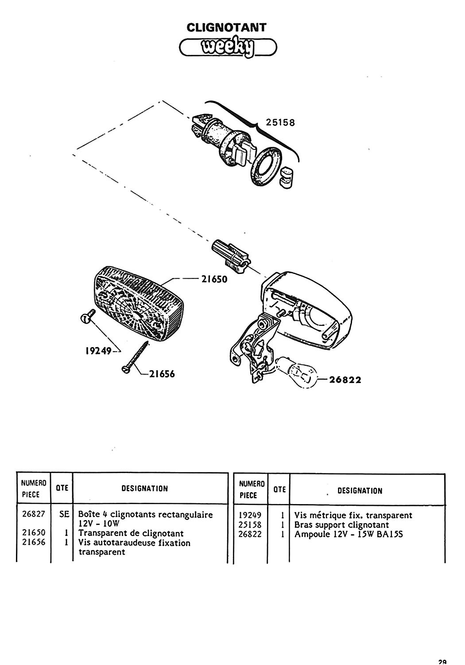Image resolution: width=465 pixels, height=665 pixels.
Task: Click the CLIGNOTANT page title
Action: tap(226, 27)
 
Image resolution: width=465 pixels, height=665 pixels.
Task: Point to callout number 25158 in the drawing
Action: tap(280, 122)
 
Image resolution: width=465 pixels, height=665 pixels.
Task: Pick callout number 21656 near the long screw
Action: tap(162, 374)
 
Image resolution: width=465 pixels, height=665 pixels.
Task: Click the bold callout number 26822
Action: tap(345, 380)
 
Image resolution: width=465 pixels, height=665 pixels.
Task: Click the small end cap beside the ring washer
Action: tap(287, 176)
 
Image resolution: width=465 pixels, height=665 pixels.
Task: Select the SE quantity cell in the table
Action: tap(63, 515)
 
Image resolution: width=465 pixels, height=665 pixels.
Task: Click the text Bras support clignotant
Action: tap(342, 525)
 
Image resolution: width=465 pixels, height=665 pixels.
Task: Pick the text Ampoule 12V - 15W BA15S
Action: tap(349, 534)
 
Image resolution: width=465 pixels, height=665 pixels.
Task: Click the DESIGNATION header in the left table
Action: tap(144, 489)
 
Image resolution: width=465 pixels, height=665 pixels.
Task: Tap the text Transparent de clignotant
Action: tap(131, 533)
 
